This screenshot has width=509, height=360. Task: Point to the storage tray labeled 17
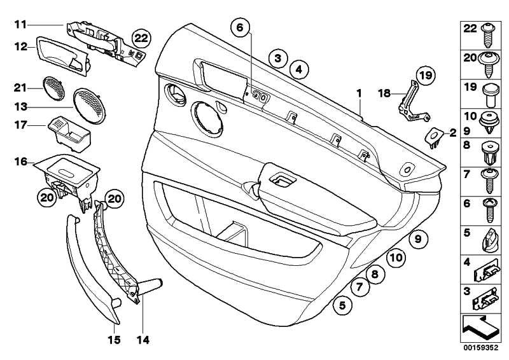70,130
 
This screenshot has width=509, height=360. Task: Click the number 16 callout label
21,162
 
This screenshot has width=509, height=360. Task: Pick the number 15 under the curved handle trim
113,340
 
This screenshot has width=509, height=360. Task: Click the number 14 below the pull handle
144,340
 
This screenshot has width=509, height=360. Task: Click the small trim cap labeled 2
435,136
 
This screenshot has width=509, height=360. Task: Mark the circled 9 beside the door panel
417,239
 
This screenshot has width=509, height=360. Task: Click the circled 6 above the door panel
240,27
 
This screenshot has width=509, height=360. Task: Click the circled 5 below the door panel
342,305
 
